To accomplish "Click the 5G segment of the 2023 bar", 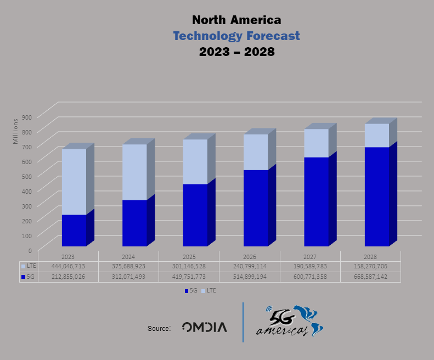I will pos(74,230).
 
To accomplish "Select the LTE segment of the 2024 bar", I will pos(134,172).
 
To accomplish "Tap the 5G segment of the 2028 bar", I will pos(376,196).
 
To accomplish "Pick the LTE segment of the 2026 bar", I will pos(256,152).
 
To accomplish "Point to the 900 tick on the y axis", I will pos(27,117).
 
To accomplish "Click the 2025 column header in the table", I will pos(189,256).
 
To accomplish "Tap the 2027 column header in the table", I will pos(310,256).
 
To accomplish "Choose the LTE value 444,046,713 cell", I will pos(68,266).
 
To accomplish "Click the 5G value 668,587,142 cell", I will pos(371,277).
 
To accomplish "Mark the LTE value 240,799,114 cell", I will pos(250,266).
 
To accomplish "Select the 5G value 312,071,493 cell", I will pos(128,277).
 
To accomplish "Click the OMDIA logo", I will pos(204,328).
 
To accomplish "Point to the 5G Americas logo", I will pos(289,322).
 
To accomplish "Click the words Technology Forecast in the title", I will pos(236,36).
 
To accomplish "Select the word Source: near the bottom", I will pos(159,328).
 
